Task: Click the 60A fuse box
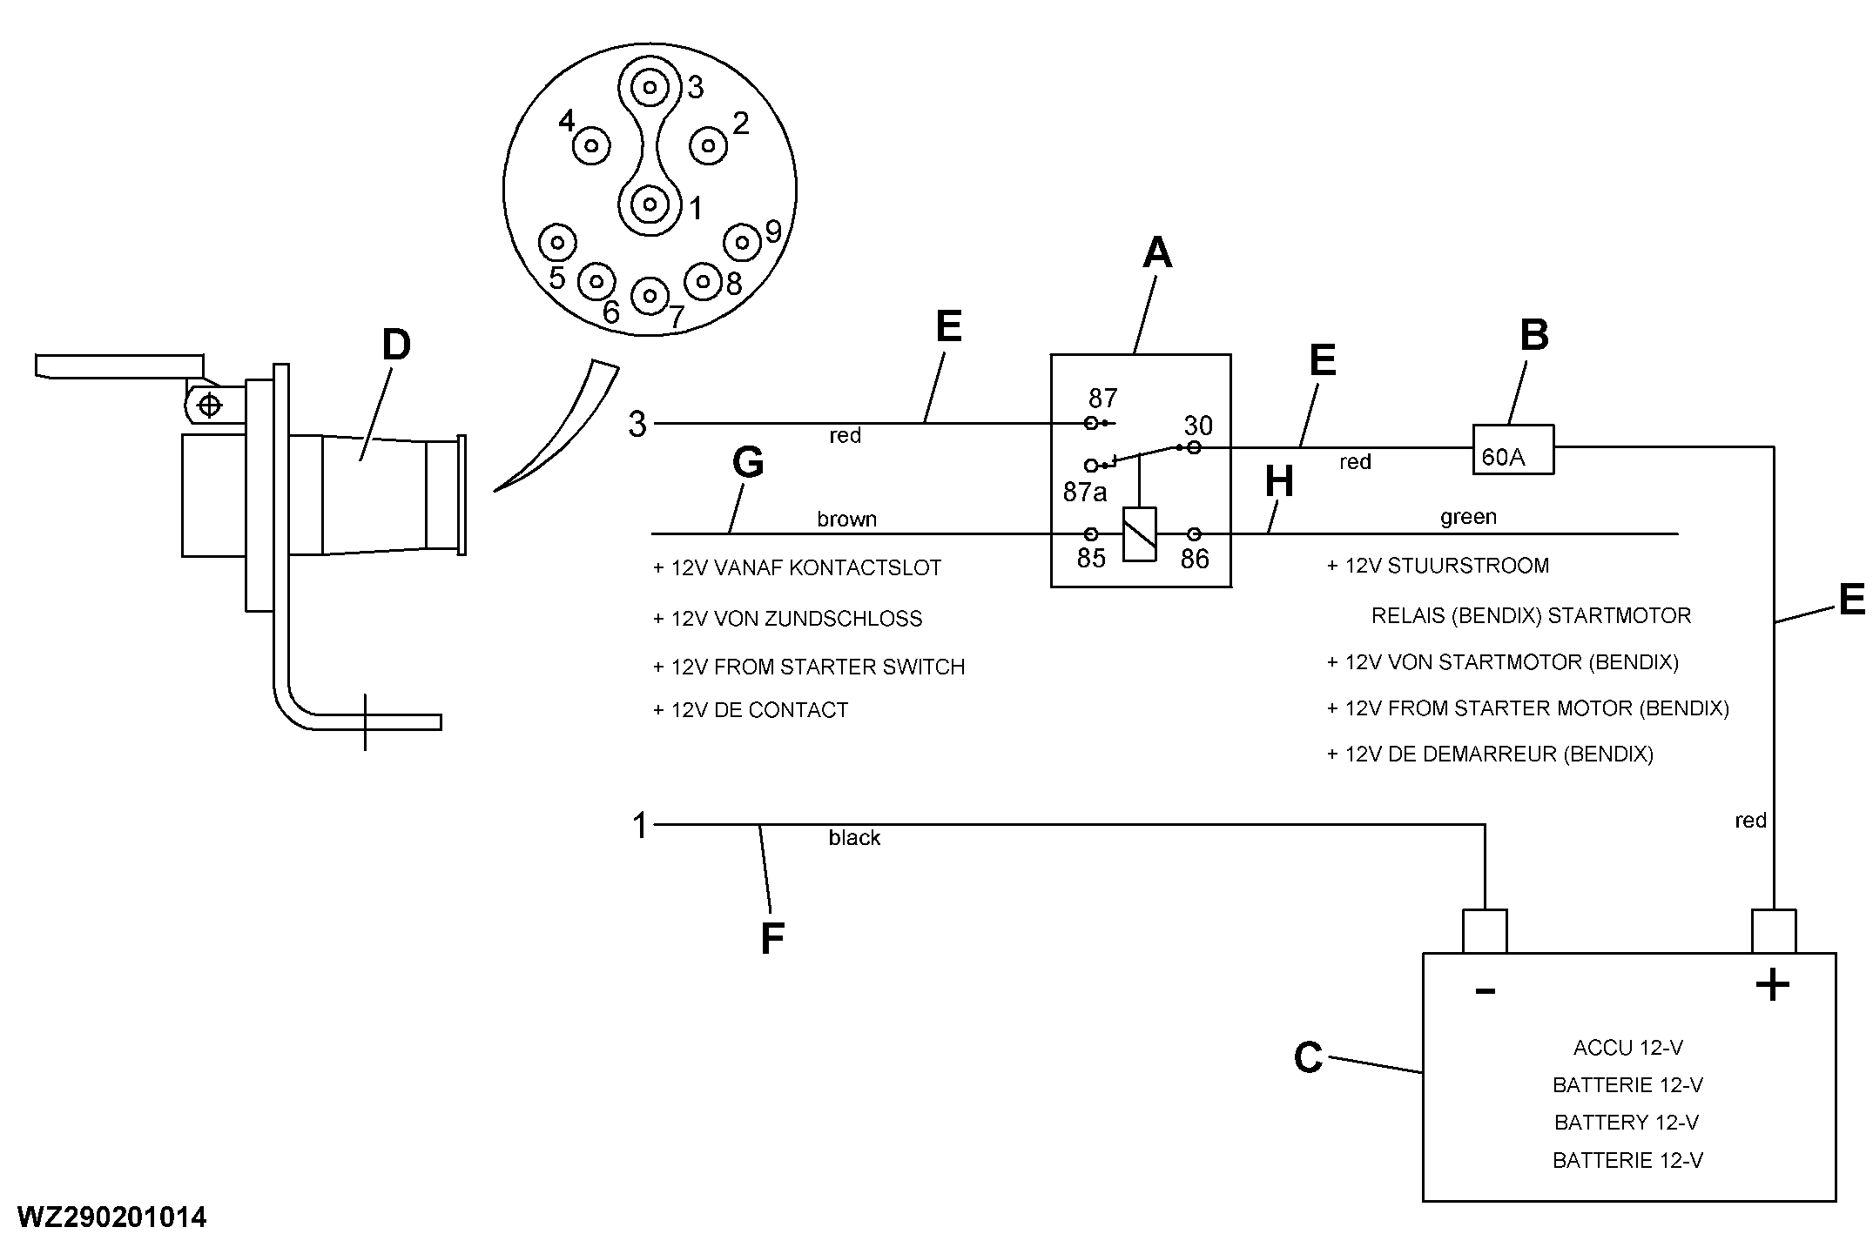click(1513, 449)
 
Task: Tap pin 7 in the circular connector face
click(649, 296)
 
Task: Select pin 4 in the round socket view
click(591, 145)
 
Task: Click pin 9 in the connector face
click(743, 242)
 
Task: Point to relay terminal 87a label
click(1085, 493)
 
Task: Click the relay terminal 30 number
click(1198, 426)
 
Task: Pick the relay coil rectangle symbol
click(1140, 533)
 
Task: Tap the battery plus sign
click(1772, 986)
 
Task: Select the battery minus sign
click(1486, 991)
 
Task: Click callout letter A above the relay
click(1157, 253)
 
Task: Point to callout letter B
click(1534, 335)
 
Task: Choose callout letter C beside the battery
click(1309, 1058)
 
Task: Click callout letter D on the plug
click(396, 345)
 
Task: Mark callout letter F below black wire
click(772, 939)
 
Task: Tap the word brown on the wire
click(846, 520)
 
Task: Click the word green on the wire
click(1468, 518)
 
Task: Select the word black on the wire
click(854, 837)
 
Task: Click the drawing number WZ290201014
click(111, 1217)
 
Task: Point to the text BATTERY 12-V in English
click(1627, 1123)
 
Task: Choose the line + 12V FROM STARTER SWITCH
click(809, 667)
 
